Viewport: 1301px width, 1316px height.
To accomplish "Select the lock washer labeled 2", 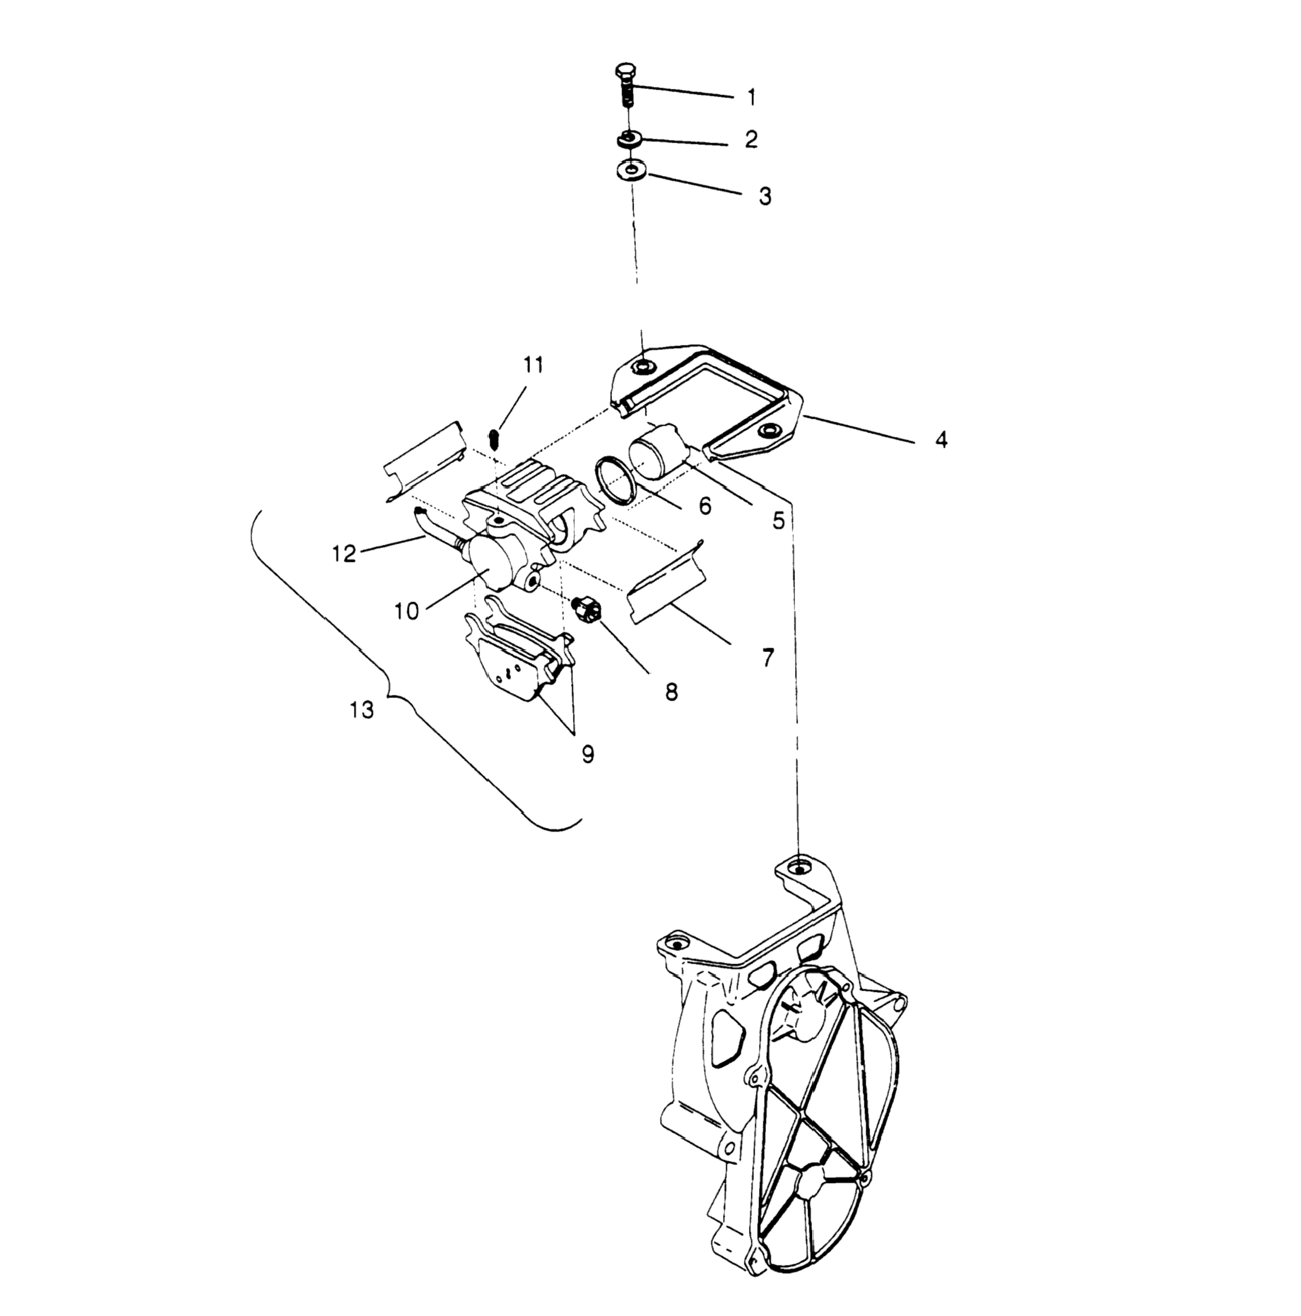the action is (628, 139).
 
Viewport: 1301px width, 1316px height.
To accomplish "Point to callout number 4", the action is (941, 440).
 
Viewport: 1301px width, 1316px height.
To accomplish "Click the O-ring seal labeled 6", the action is (614, 480).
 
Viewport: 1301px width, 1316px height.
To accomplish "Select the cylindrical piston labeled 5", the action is (653, 451).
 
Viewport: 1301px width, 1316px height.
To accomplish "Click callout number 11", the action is (534, 366).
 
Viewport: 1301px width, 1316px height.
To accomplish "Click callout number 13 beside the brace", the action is (362, 711).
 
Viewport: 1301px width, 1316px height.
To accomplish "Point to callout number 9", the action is (587, 754).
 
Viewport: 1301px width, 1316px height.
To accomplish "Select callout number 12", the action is (344, 554).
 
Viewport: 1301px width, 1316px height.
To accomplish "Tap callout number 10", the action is (406, 611).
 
